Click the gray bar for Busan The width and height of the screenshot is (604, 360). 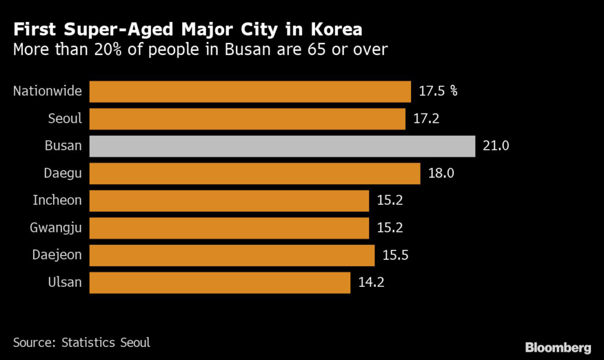coord(282,146)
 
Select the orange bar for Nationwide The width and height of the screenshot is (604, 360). coord(250,91)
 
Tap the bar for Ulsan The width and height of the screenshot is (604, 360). coord(219,283)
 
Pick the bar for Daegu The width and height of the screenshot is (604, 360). coord(255,174)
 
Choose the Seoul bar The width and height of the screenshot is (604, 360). coord(247,119)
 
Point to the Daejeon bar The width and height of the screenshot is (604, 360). coord(232,256)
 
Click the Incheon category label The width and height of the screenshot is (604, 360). coord(57,201)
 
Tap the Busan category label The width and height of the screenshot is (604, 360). coord(63,146)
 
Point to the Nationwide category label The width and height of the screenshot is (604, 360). coord(48,91)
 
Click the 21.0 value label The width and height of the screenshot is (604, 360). coord(495,146)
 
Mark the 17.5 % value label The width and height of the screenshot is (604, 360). coord(438,91)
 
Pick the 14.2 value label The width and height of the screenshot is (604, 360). coord(372,283)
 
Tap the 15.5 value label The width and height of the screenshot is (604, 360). coord(395,256)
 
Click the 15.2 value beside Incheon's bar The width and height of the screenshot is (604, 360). coord(390,201)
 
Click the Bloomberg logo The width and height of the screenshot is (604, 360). coord(558,347)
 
